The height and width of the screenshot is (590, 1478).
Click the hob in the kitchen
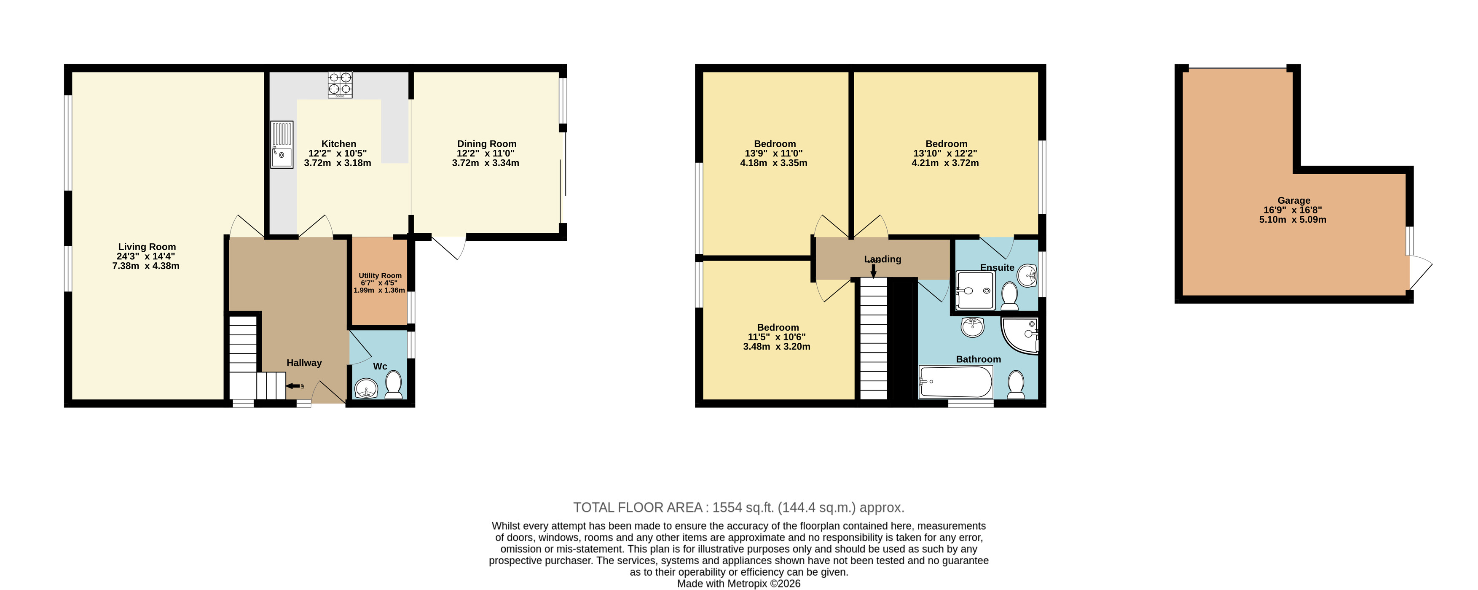tap(340, 84)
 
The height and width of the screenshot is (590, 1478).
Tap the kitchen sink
tap(282, 144)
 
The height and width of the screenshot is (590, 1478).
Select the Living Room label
tap(147, 247)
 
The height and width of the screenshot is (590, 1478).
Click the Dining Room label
tap(486, 143)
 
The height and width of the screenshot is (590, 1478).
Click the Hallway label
tap(304, 363)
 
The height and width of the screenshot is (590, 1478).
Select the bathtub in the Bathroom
tap(955, 382)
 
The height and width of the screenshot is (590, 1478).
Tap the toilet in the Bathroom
tap(1016, 385)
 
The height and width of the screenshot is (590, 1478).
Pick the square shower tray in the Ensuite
tap(975, 291)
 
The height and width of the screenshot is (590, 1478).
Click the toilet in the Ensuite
tap(1009, 296)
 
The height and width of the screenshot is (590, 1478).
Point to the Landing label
tap(883, 259)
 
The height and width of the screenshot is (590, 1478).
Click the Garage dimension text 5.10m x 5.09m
tap(1293, 219)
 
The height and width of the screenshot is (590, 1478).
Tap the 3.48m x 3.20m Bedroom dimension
tap(776, 347)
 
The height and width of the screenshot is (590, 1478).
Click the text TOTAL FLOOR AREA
tap(638, 507)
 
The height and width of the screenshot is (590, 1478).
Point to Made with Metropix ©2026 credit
tap(738, 584)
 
